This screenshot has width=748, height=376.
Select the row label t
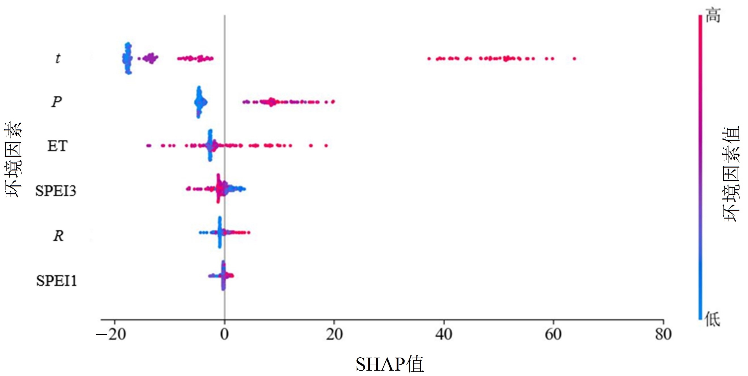coord(58,58)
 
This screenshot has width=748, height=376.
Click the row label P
coord(57,102)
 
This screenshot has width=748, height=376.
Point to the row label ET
coord(57,146)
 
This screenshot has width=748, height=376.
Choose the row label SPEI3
coord(56,191)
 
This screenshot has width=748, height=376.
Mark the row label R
coord(58,236)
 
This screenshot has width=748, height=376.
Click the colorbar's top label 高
coord(713,15)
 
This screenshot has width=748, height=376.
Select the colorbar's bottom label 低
coord(713,319)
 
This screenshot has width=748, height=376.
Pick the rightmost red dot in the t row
coord(574,59)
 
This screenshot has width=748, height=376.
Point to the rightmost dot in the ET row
coord(326,145)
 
